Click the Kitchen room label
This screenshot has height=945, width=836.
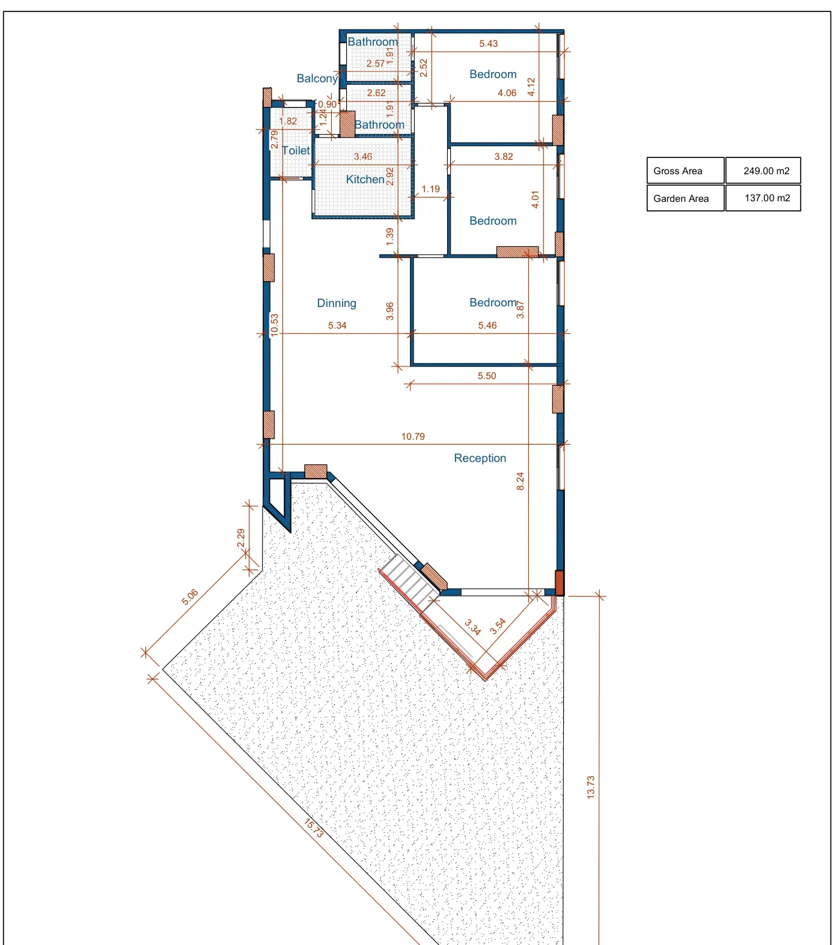pos(365,179)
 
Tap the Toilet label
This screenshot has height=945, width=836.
pos(296,150)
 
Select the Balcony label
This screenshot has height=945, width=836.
pos(317,78)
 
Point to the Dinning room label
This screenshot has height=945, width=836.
pos(337,303)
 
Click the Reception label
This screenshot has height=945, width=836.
pos(480,458)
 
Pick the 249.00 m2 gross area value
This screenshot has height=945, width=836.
pos(766,171)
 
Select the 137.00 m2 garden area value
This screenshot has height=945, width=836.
pos(767,198)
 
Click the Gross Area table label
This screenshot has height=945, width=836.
pos(677,171)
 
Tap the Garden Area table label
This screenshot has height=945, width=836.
pos(681,198)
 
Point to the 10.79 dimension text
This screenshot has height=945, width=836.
pos(413,437)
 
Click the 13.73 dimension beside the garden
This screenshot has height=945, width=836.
pos(590,786)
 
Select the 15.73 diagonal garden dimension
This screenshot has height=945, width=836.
pos(314,828)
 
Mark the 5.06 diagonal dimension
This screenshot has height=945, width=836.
pos(190,597)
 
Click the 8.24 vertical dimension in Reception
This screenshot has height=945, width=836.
pos(520,481)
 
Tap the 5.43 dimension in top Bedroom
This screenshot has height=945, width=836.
pos(488,44)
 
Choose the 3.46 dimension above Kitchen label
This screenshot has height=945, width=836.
pos(362,157)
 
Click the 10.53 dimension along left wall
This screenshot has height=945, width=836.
pos(274,324)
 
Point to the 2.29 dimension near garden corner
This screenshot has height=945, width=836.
pos(240,538)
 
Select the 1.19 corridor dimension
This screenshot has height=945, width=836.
pos(430,189)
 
